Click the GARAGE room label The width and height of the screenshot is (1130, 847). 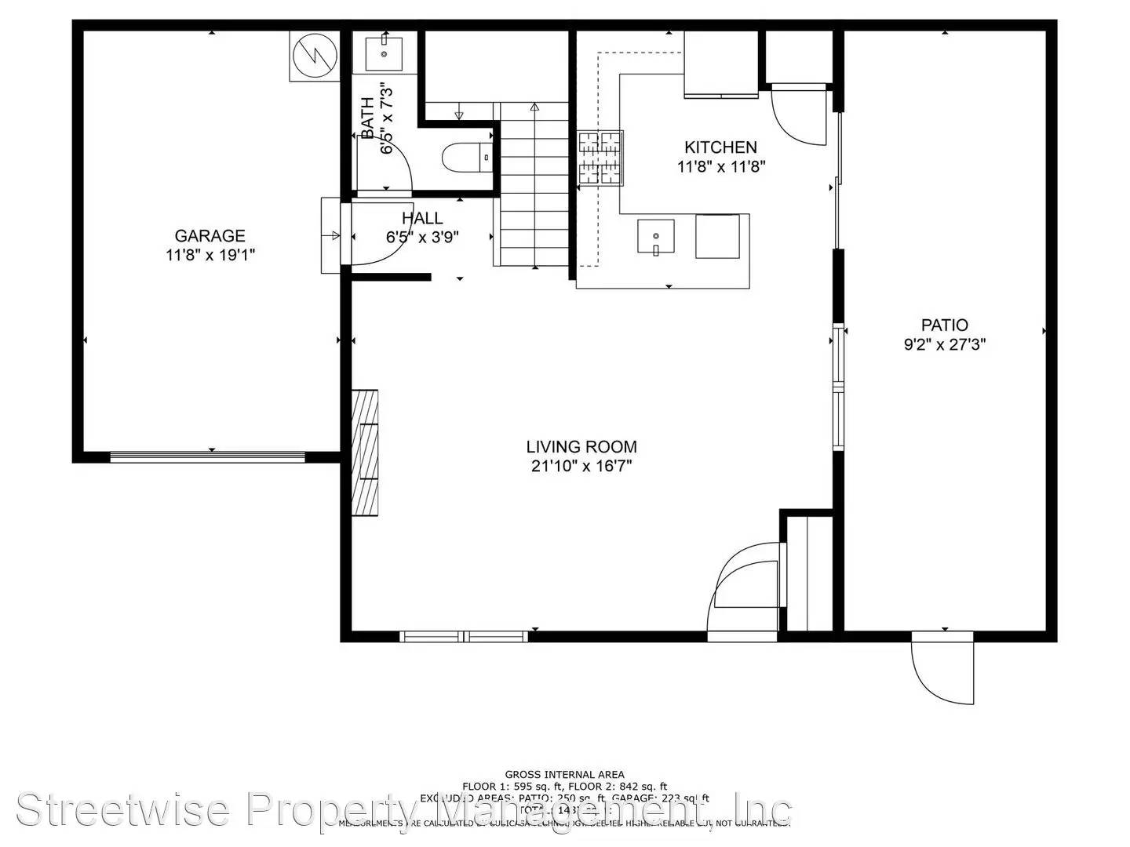210,235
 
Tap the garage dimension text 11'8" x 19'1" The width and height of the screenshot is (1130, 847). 210,255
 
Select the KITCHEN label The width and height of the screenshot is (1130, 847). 720,147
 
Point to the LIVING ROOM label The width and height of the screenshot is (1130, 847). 581,447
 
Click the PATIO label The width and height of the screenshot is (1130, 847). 944,325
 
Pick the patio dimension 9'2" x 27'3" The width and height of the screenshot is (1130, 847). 944,344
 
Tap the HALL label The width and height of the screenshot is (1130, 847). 422,218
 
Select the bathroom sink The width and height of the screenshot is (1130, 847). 384,53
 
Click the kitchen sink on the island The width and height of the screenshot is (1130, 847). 655,237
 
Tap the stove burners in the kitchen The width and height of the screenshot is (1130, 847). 601,158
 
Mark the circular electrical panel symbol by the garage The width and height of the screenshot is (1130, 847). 314,55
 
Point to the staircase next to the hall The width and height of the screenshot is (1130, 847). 534,188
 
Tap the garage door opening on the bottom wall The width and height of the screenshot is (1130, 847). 207,457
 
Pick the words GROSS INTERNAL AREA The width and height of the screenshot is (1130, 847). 564,775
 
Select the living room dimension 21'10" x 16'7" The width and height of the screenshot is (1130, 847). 581,467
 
